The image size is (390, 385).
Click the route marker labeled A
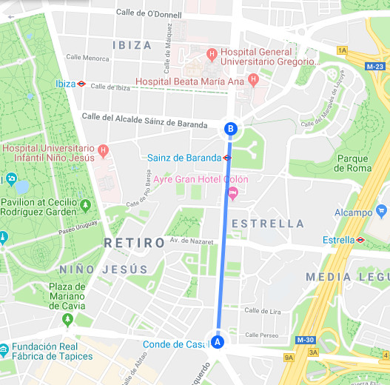(217, 342)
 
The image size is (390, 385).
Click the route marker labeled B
(231, 129)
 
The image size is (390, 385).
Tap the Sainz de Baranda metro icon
(227, 158)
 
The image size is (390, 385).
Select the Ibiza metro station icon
(82, 84)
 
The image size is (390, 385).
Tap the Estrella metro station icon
(360, 240)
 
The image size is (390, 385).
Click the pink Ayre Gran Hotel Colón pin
(232, 194)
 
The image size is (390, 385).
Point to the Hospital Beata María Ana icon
(253, 79)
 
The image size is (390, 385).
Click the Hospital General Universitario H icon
(212, 53)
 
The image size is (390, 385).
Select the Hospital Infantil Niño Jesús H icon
(103, 151)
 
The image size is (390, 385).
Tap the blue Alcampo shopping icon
(382, 211)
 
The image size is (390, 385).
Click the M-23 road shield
(374, 66)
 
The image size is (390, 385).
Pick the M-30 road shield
(305, 340)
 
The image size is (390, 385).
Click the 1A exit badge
(341, 50)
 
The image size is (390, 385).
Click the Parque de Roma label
(352, 163)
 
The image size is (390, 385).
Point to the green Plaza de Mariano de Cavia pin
(68, 319)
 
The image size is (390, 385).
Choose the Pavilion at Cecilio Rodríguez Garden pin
(86, 204)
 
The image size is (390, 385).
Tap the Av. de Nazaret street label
(191, 241)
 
